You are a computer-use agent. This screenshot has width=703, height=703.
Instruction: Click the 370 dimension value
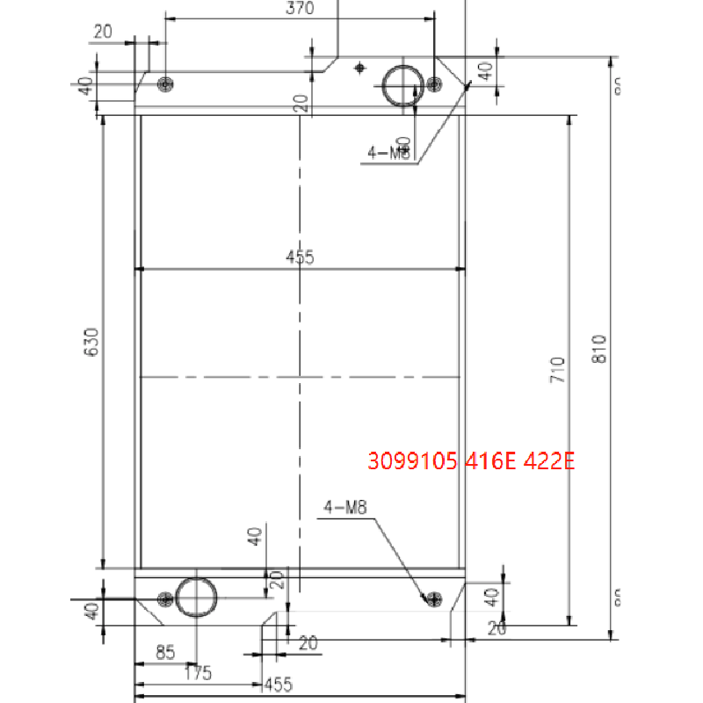(x=300, y=9)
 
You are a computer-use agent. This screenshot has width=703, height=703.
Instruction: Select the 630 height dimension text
(x=91, y=344)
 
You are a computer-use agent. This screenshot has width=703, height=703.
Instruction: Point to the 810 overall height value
(x=600, y=349)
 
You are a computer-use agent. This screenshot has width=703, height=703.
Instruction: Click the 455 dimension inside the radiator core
(x=300, y=257)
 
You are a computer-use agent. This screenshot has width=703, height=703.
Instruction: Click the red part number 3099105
(x=410, y=461)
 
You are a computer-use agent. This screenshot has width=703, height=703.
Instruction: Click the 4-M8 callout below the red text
(x=344, y=507)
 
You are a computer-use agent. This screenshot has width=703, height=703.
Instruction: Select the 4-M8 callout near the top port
(x=388, y=153)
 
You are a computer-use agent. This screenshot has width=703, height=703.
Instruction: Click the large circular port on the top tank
(x=401, y=84)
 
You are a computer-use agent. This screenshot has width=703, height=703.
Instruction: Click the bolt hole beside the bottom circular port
(x=164, y=599)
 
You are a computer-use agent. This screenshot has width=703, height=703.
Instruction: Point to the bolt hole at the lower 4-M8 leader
(x=431, y=599)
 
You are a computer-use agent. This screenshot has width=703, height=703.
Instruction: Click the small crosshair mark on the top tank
(x=359, y=67)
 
